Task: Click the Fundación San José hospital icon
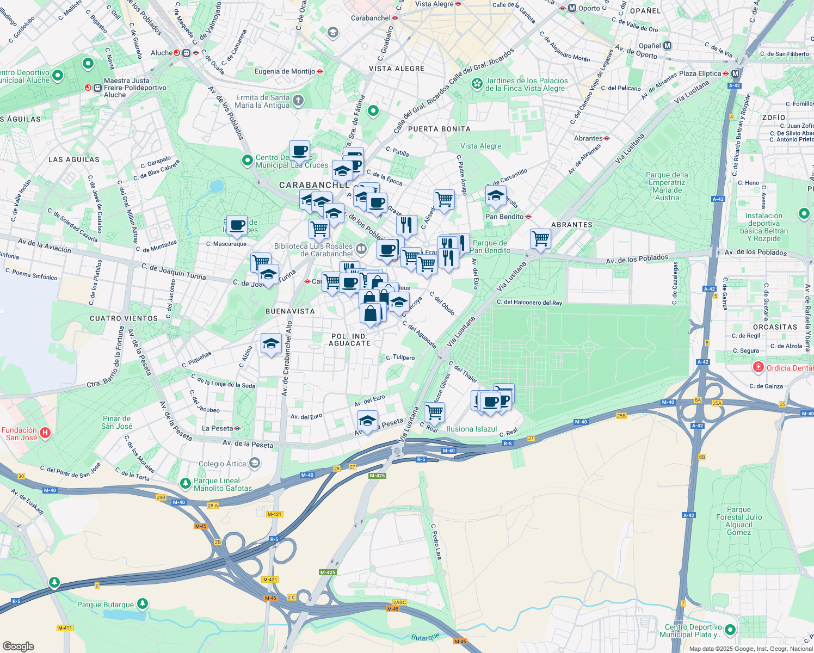[x=45, y=433]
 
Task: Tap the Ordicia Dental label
[x=790, y=368]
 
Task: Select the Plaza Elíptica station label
[x=700, y=73]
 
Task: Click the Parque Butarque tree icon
[x=142, y=603]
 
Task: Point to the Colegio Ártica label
[x=222, y=464]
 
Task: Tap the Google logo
[x=18, y=646]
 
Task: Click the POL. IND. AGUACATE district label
[x=350, y=340]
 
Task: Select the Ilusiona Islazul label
[x=471, y=429]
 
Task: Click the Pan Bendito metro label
[x=504, y=217]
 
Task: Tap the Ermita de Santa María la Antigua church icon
[x=298, y=100]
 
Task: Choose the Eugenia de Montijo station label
[x=285, y=71]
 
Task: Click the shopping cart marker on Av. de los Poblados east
[x=540, y=238]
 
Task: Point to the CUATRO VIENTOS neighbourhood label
[x=124, y=318]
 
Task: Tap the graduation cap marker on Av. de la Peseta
[x=367, y=421]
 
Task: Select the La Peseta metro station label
[x=217, y=428]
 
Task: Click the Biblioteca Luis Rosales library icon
[x=361, y=249]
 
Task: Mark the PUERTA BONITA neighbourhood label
[x=439, y=129]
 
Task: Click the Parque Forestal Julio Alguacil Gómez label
[x=738, y=521]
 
